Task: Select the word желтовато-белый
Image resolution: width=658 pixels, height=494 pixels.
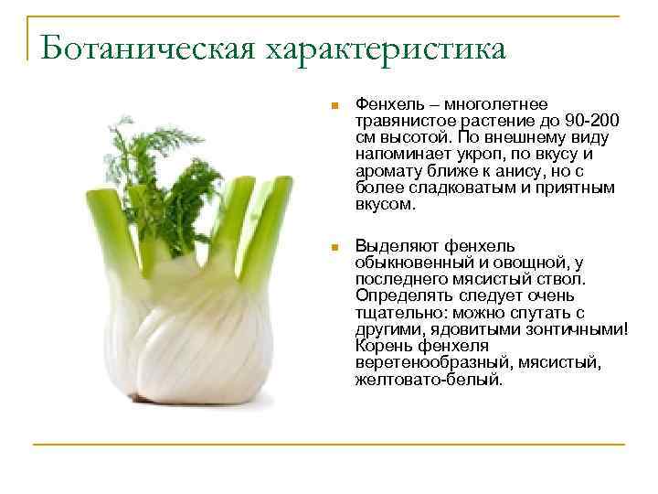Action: point(428,379)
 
